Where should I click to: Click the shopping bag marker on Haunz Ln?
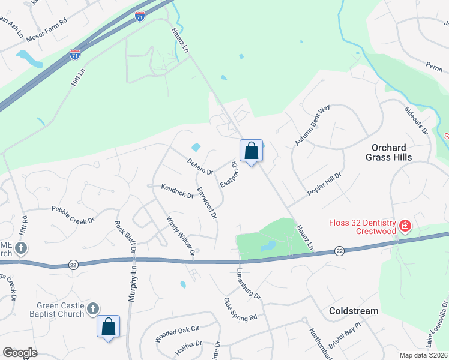(252, 150)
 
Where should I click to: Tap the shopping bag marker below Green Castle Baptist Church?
(109, 326)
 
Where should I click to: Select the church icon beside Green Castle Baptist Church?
(92, 308)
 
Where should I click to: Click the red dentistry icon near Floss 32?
(405, 226)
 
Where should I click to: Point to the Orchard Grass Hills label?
(388, 152)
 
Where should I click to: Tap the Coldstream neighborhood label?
(354, 311)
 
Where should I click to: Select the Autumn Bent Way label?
(313, 125)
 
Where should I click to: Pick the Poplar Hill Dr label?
(324, 184)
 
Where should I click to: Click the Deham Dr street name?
(200, 167)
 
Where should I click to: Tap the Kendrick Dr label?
(177, 191)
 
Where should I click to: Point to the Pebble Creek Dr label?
(73, 215)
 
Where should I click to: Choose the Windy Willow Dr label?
(181, 236)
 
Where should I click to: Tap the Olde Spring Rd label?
(240, 308)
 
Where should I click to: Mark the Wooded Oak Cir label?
(177, 334)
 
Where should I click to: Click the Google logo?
(20, 353)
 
